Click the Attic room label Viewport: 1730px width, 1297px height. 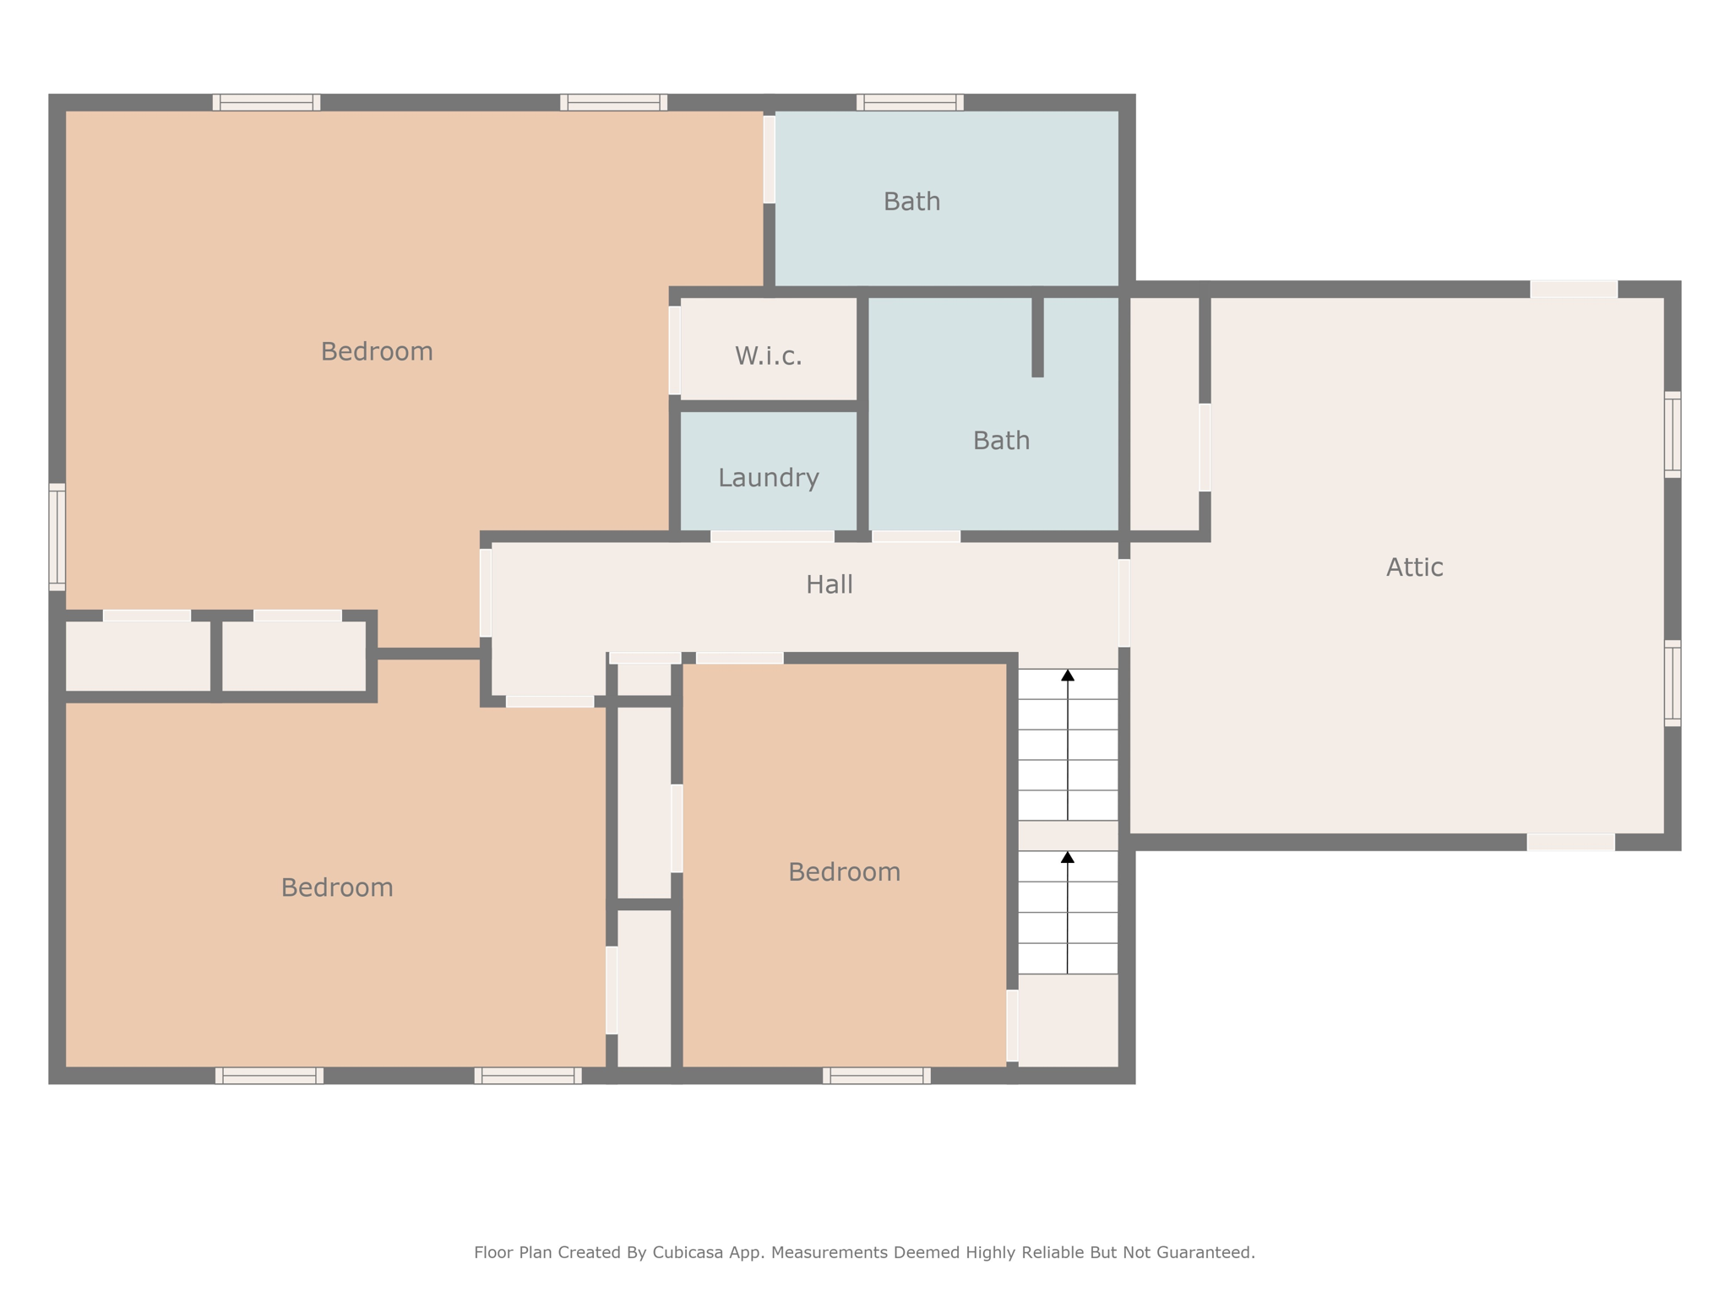pyautogui.click(x=1414, y=567)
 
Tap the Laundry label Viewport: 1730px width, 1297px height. pyautogui.click(x=769, y=478)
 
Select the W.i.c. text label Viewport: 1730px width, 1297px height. pyautogui.click(x=768, y=355)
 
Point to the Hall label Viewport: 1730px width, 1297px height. pyautogui.click(x=829, y=584)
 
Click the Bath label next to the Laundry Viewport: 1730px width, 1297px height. pyautogui.click(x=1001, y=440)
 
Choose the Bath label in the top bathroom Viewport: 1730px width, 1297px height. pyautogui.click(x=911, y=201)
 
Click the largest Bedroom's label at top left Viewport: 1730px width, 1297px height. pyautogui.click(x=377, y=351)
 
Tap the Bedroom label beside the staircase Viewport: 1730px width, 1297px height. pyautogui.click(x=844, y=871)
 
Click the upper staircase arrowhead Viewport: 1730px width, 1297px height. pyautogui.click(x=1068, y=675)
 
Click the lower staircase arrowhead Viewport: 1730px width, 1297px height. pyautogui.click(x=1068, y=857)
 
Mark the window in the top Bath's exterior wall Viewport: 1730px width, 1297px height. pyautogui.click(x=910, y=102)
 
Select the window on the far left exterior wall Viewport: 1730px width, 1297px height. pyautogui.click(x=57, y=537)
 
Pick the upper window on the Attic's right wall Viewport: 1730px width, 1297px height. pyautogui.click(x=1673, y=434)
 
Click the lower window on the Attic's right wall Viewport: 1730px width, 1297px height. pyautogui.click(x=1673, y=683)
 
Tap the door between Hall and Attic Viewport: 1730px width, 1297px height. pyautogui.click(x=1124, y=603)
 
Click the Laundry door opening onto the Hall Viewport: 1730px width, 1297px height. pyautogui.click(x=772, y=536)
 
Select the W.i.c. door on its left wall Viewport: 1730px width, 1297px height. pyautogui.click(x=675, y=350)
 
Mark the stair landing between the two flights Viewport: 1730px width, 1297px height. pyautogui.click(x=1068, y=835)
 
